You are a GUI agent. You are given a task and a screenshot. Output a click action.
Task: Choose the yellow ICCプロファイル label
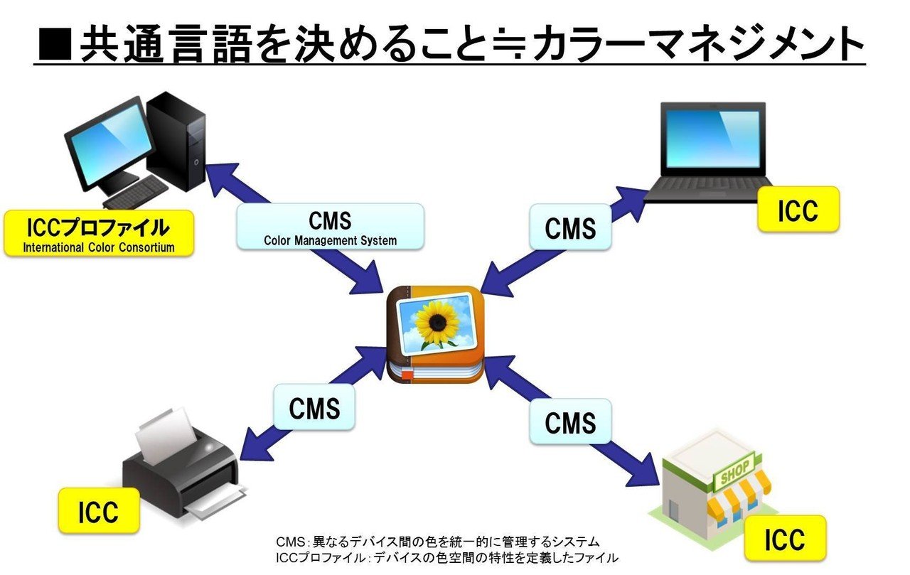coord(98,233)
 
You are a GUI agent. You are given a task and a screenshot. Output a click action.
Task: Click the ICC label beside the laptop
coord(798,210)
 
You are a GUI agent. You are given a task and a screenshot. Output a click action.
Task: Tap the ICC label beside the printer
coord(99,511)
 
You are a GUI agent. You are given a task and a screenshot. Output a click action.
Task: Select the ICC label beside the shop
coord(785,539)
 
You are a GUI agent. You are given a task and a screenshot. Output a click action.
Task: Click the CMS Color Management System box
coord(330,227)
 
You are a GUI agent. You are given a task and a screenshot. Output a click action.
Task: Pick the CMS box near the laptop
coord(570,227)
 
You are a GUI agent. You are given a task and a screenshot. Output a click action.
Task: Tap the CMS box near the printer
coord(314,407)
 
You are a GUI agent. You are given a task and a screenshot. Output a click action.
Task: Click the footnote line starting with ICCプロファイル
coord(446,558)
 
